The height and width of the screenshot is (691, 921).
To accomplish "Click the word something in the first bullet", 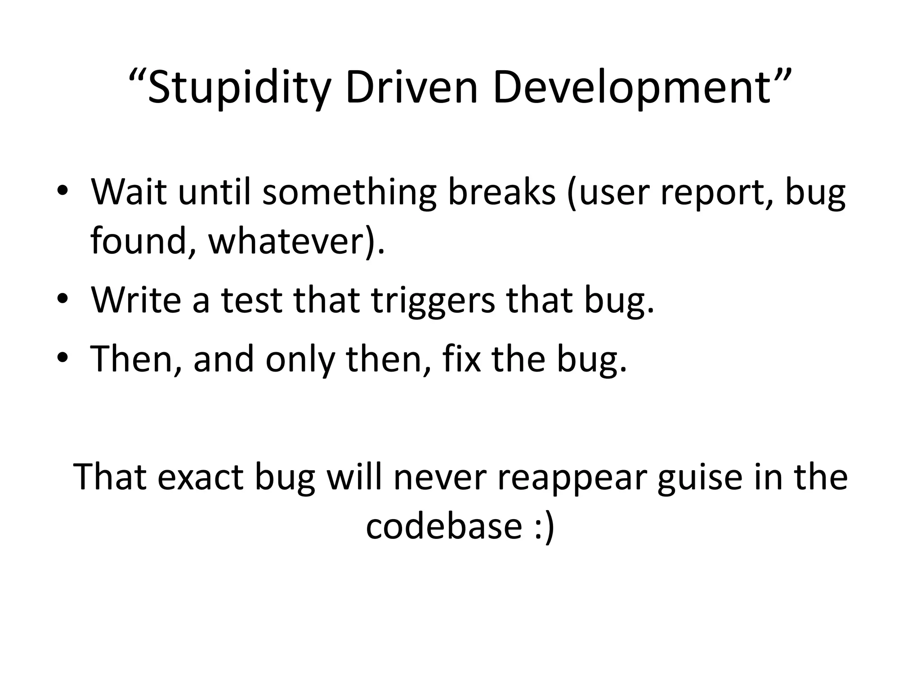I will tap(349, 193).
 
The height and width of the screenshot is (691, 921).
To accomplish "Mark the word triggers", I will tap(433, 301).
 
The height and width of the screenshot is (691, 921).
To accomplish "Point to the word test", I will tap(251, 300).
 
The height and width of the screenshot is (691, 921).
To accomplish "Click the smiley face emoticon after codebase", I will tap(545, 526).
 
